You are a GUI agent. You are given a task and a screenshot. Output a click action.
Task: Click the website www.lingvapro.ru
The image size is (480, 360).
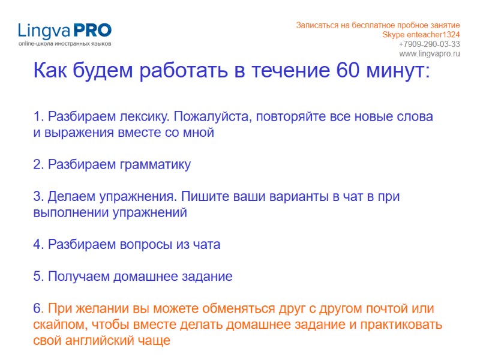point(429,54)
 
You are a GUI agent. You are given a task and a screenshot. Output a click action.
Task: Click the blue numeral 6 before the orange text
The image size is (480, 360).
point(37,309)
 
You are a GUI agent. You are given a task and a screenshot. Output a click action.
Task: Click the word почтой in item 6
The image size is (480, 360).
point(378,309)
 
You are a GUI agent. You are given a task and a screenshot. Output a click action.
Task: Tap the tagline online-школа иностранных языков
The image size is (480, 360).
point(64,44)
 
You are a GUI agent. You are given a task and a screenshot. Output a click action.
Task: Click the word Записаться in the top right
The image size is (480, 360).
point(316,25)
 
